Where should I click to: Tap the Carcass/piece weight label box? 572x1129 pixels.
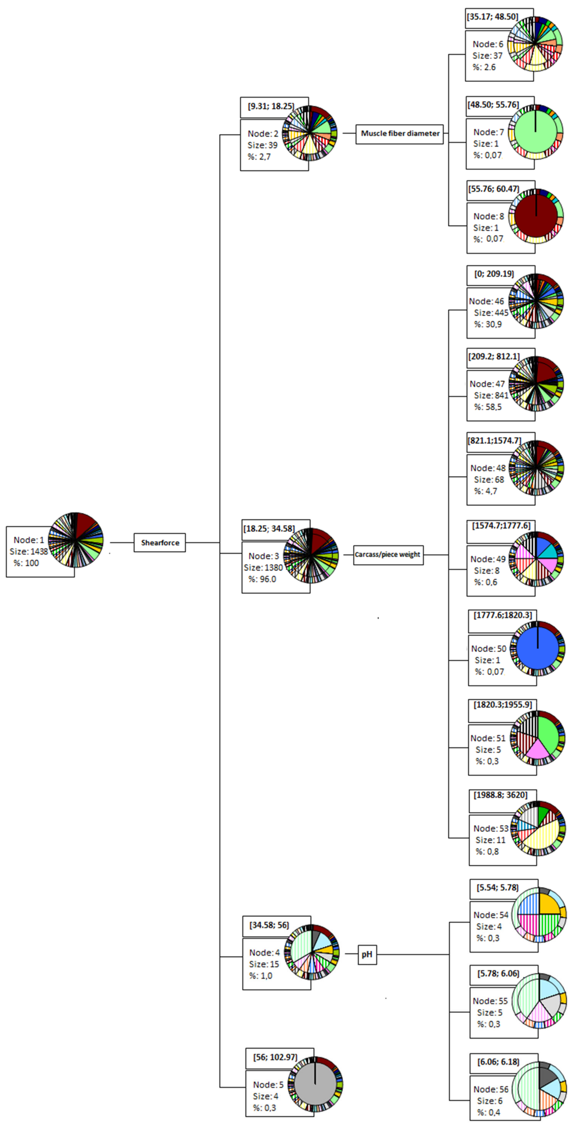pyautogui.click(x=388, y=554)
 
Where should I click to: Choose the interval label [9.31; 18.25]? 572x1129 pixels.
pyautogui.click(x=271, y=106)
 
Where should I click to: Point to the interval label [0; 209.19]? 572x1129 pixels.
pyautogui.click(x=494, y=274)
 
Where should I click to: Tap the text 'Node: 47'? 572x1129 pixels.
pyautogui.click(x=487, y=384)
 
